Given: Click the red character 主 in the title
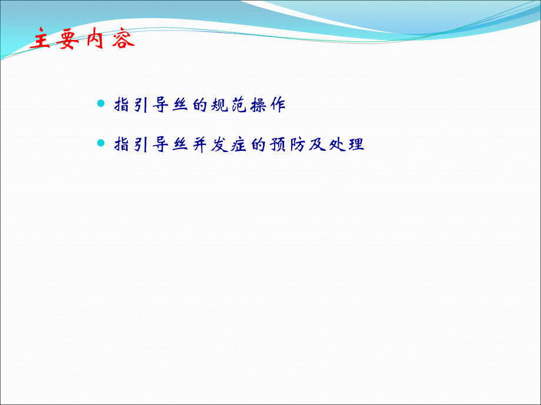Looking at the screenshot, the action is click(41, 38).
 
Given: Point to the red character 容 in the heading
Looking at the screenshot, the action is click(123, 39).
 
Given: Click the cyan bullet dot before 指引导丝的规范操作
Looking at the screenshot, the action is click(101, 103).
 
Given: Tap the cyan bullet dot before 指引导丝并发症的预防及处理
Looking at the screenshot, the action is click(101, 143).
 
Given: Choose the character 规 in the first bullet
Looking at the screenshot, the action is click(219, 104).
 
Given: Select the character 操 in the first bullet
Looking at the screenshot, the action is click(259, 104).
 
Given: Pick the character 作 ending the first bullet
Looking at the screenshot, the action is click(278, 104).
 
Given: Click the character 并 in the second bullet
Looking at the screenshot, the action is click(200, 144).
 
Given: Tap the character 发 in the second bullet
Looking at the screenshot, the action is click(219, 144).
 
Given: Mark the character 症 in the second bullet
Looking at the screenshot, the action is click(239, 144).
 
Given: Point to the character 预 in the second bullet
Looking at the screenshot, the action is click(278, 144).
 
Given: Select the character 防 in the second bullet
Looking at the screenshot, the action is click(298, 144).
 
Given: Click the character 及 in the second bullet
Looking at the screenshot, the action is click(318, 144).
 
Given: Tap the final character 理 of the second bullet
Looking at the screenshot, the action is click(356, 144).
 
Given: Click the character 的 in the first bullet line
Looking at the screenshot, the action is click(200, 104).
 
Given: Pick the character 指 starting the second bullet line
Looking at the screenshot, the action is click(122, 144).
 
